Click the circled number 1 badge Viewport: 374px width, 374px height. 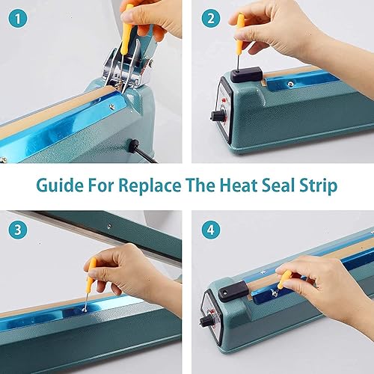pyautogui.click(x=16, y=15)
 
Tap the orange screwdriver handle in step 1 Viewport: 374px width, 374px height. pyautogui.click(x=128, y=22)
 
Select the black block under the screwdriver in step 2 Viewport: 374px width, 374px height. pyautogui.click(x=245, y=75)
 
